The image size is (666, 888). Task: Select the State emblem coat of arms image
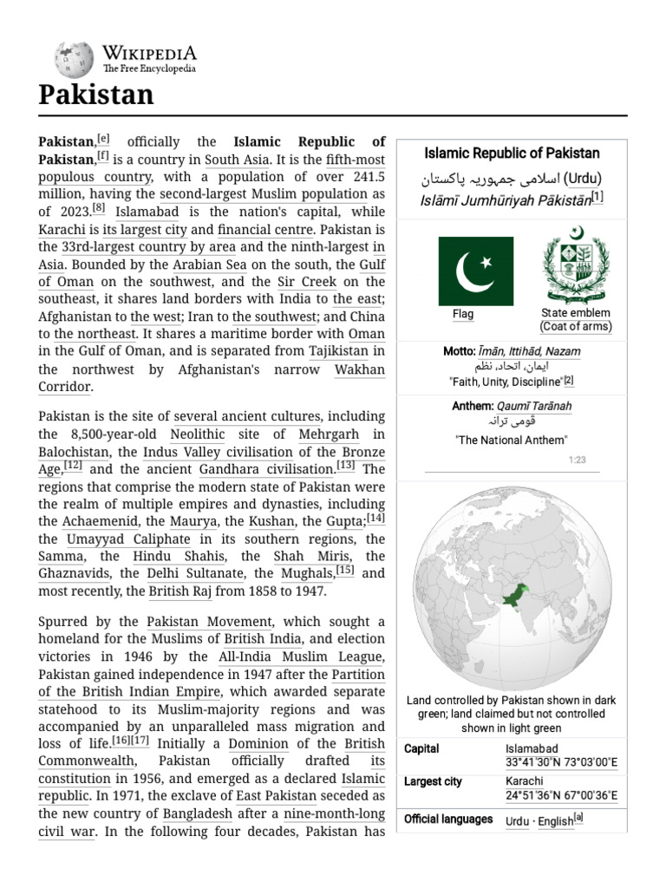pyautogui.click(x=576, y=260)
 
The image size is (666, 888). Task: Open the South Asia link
pyautogui.click(x=234, y=160)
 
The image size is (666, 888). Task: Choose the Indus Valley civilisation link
pyautogui.click(x=219, y=452)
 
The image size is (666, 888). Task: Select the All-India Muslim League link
pyautogui.click(x=291, y=656)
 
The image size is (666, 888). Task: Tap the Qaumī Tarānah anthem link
pyautogui.click(x=534, y=405)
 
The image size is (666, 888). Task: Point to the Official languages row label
pyautogui.click(x=448, y=819)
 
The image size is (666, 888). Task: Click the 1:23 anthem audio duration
pyautogui.click(x=578, y=460)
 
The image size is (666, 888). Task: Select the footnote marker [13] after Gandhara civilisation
pyautogui.click(x=346, y=466)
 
